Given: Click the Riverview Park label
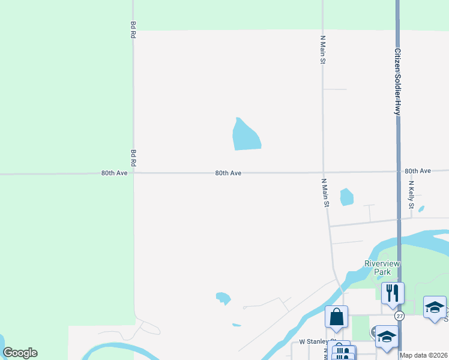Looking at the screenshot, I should (x=382, y=268).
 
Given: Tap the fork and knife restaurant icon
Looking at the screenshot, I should (x=393, y=293).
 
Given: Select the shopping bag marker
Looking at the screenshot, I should (x=337, y=316).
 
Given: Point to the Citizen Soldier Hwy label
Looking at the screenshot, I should (x=397, y=82).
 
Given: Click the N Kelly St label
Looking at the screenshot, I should (x=412, y=195).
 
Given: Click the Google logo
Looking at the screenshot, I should (x=20, y=353).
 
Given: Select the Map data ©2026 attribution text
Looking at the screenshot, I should (x=424, y=355).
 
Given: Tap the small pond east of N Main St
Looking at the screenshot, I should (x=346, y=197).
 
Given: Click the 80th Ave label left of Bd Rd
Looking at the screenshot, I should (x=114, y=173).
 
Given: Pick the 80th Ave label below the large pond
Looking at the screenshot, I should (x=228, y=173).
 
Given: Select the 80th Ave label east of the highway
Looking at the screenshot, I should (x=418, y=171).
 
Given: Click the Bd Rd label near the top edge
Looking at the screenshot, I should (x=133, y=30).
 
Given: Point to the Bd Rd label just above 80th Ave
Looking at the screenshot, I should (x=133, y=158).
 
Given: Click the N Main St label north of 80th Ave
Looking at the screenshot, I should (x=322, y=50).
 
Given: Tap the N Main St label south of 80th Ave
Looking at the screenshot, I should (x=325, y=193).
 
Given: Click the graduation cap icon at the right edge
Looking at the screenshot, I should (x=435, y=307).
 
